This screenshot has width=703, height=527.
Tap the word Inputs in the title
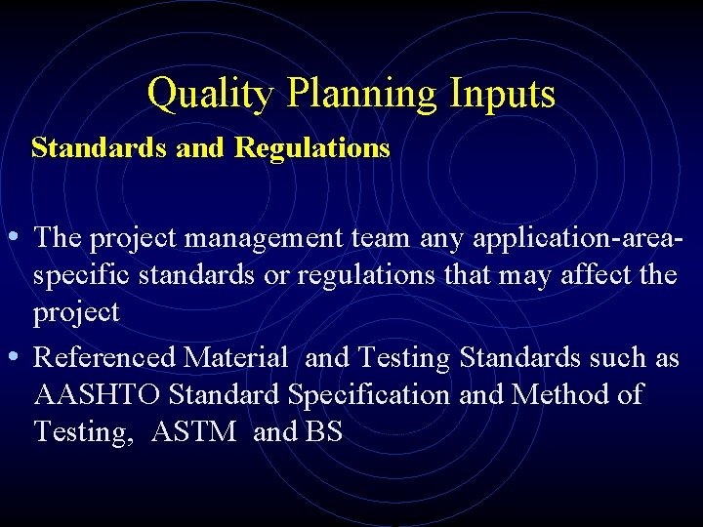click(503, 95)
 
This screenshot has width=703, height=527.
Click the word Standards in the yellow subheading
click(87, 148)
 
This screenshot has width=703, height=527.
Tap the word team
click(382, 238)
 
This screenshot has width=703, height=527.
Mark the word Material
click(236, 358)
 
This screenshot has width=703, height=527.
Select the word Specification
click(369, 395)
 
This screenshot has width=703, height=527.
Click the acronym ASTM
click(194, 432)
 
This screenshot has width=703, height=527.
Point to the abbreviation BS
click(324, 432)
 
